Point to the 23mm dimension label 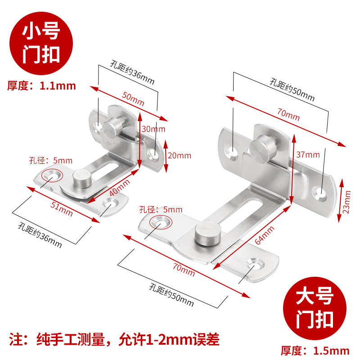[347, 201]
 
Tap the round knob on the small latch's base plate [81, 177]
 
